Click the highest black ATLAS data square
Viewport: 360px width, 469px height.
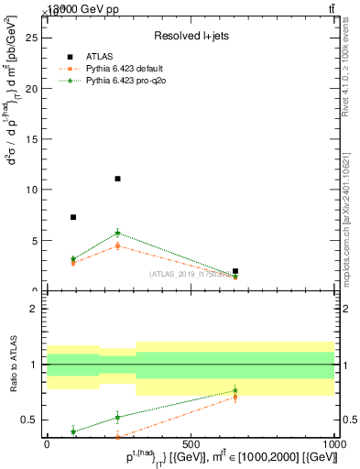117,179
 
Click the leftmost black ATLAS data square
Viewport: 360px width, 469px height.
73,217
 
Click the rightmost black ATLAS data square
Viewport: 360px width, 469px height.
235,271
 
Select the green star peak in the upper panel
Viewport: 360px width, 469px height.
117,233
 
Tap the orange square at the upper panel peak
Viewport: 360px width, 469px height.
117,245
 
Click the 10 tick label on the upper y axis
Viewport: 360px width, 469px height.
35,190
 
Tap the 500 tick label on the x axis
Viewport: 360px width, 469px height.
191,443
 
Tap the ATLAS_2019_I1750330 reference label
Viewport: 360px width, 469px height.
190,275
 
